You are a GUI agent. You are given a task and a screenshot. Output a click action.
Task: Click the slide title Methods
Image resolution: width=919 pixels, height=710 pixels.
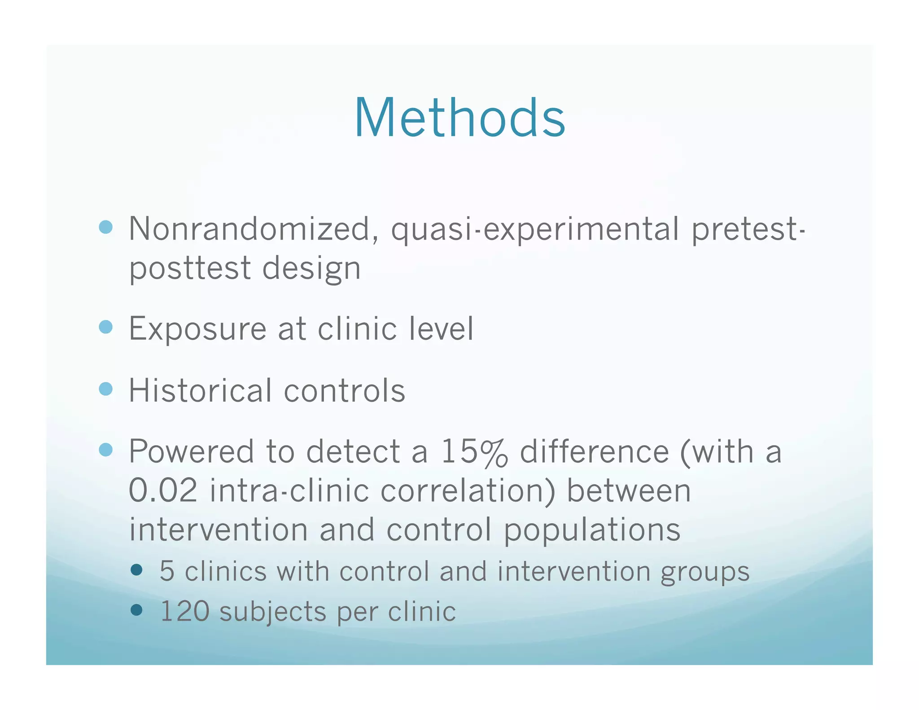pyautogui.click(x=459, y=118)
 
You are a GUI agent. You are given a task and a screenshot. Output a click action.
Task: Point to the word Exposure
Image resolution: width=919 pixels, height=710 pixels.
pyautogui.click(x=197, y=329)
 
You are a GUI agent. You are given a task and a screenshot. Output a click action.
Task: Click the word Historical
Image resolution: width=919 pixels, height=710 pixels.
pyautogui.click(x=200, y=390)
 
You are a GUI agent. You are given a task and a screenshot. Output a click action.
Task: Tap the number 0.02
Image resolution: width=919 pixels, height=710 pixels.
pyautogui.click(x=163, y=491)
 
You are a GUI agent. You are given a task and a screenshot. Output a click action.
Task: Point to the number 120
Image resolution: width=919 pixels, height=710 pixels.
pyautogui.click(x=184, y=611)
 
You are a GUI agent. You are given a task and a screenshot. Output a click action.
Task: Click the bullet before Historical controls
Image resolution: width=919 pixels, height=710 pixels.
pyautogui.click(x=105, y=389)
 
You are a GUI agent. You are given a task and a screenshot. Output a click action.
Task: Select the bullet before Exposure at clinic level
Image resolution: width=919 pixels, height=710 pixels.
pyautogui.click(x=105, y=327)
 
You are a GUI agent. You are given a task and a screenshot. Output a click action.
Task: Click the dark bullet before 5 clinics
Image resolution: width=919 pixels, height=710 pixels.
pyautogui.click(x=136, y=570)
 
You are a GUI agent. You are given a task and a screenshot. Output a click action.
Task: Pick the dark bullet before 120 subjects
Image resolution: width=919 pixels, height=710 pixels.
pyautogui.click(x=136, y=610)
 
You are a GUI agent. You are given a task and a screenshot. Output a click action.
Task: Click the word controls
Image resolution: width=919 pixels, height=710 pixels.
pyautogui.click(x=344, y=390)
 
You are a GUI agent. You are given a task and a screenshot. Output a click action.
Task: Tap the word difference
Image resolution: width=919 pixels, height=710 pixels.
pyautogui.click(x=594, y=451)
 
